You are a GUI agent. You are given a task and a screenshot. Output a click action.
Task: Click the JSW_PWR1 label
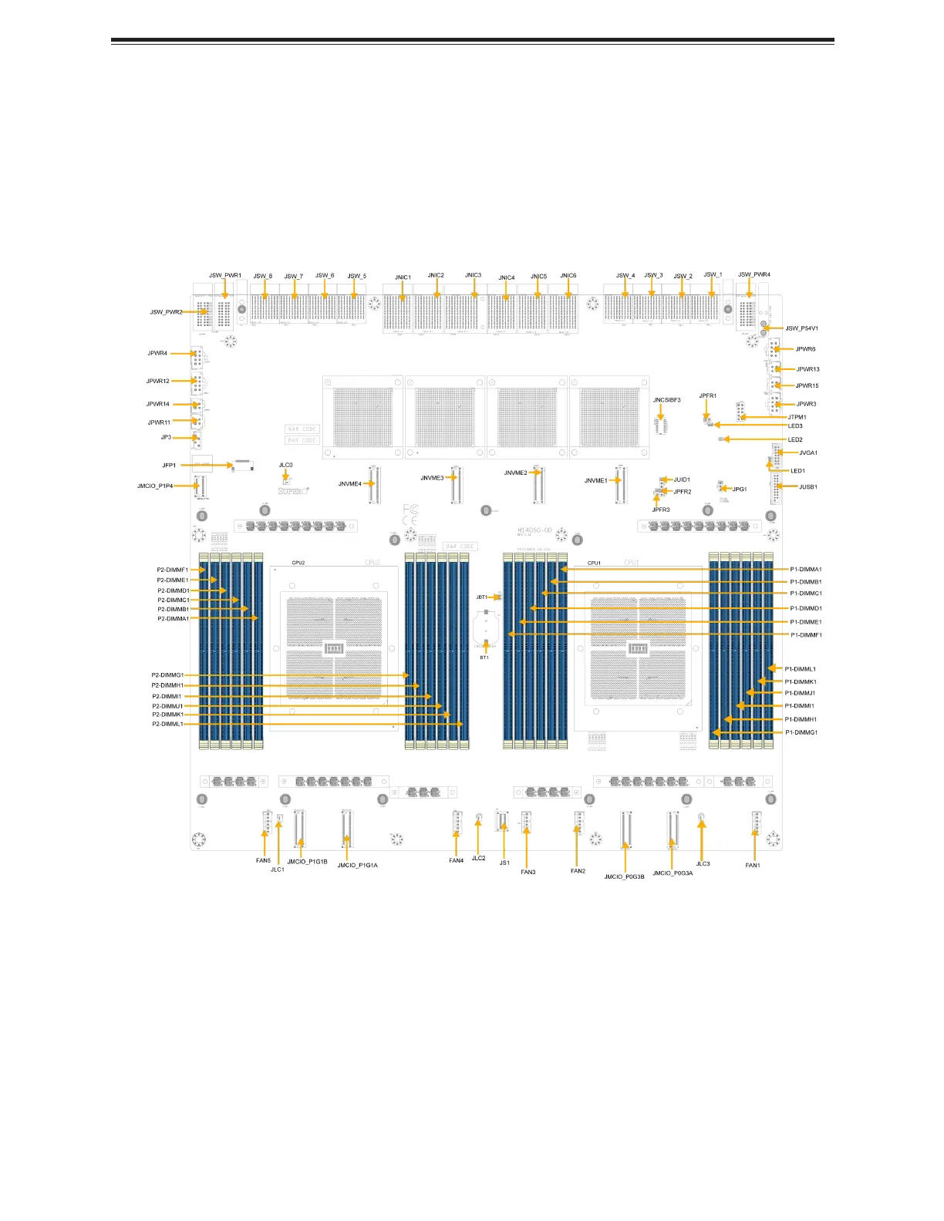225,275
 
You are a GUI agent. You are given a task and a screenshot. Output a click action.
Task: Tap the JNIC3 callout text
473,275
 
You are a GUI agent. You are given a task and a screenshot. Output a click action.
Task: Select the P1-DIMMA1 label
806,570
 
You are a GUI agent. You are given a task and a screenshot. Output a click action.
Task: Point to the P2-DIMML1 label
167,725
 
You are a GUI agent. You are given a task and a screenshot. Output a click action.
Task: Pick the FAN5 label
263,860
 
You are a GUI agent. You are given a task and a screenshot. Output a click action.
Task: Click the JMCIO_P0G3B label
624,876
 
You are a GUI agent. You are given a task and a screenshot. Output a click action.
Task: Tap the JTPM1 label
797,417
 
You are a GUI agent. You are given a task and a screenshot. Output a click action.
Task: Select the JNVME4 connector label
349,484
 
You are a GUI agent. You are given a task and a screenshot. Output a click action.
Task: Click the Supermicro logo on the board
294,490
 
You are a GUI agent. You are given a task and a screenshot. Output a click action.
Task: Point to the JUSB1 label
807,487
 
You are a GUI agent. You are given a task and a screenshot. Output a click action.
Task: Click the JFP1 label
169,466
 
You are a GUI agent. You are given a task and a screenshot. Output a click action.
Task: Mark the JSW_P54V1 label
801,328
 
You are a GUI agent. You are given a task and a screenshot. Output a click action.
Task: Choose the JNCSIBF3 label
666,400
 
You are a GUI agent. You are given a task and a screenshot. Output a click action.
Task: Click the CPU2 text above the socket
298,563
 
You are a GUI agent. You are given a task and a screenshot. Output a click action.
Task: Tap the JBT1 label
481,597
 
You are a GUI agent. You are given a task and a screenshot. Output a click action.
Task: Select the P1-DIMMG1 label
801,732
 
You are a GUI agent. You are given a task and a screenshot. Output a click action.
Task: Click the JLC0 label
285,466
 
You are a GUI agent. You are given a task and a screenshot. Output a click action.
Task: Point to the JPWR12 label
157,381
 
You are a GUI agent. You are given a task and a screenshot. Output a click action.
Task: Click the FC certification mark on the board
410,510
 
